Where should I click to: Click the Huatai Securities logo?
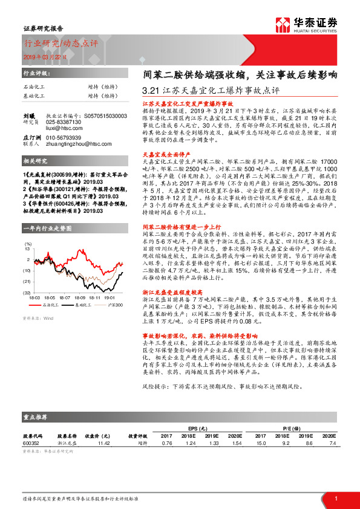[x=315, y=25]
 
